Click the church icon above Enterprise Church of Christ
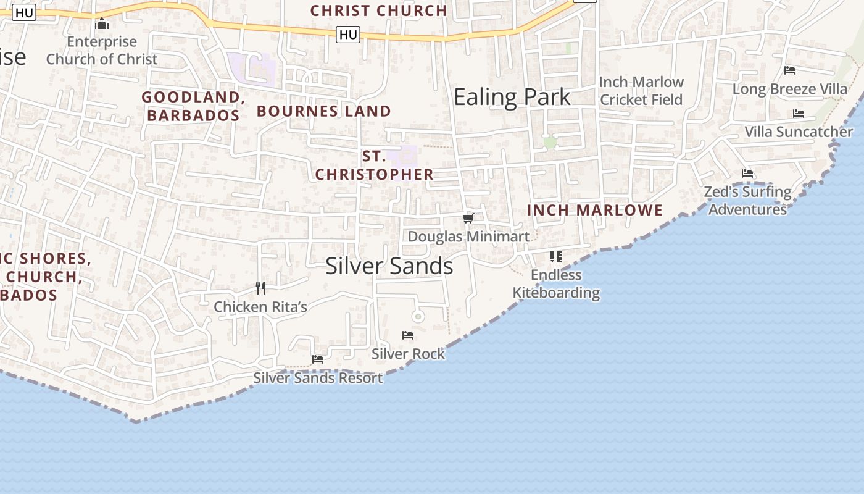click(102, 24)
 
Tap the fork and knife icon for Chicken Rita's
click(260, 288)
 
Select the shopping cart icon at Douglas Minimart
click(468, 218)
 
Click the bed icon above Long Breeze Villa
click(789, 70)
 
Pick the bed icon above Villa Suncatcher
click(798, 114)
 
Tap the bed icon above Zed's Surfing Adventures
click(747, 174)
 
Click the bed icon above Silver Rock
click(408, 335)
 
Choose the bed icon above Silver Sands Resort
click(318, 359)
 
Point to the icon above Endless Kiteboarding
click(556, 256)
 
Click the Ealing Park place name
click(512, 98)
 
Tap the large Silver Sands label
click(389, 266)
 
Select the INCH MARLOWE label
click(595, 210)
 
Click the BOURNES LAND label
click(324, 111)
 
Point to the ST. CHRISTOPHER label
click(375, 165)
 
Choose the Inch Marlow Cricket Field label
click(641, 91)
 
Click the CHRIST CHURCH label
click(378, 10)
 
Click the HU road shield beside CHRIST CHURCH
click(348, 35)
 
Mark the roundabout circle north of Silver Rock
click(418, 317)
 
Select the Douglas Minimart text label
click(468, 237)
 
